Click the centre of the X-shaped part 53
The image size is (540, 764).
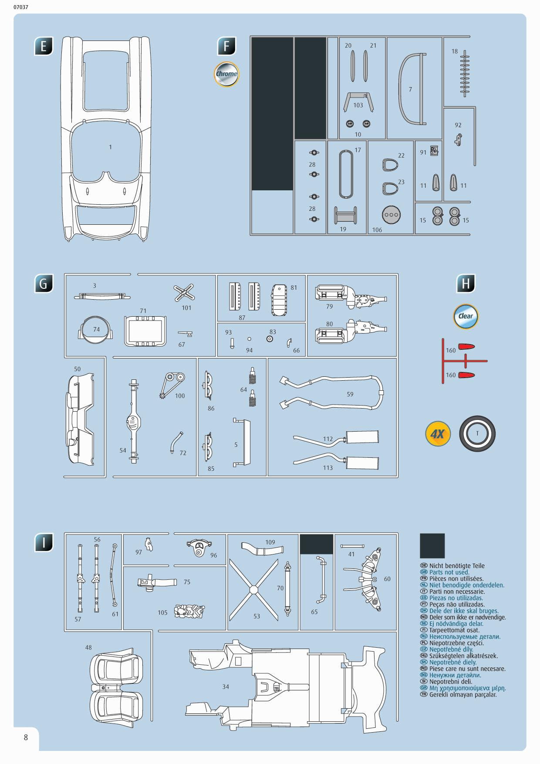(x=253, y=589)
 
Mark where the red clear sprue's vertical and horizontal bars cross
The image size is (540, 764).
(x=443, y=361)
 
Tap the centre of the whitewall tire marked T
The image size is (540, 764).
(x=477, y=433)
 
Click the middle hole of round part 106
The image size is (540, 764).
(x=391, y=215)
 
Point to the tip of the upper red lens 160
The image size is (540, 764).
(x=474, y=347)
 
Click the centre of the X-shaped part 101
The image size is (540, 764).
(x=184, y=293)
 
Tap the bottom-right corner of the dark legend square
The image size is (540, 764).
(x=445, y=558)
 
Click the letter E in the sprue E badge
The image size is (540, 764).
(x=44, y=46)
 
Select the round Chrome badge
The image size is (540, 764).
(x=226, y=74)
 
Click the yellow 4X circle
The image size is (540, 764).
(x=438, y=434)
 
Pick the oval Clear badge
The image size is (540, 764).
(x=466, y=316)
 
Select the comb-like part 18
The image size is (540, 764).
(x=465, y=73)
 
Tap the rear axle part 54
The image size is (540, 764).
(x=133, y=421)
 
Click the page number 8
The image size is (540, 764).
(x=26, y=737)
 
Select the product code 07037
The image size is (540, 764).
(x=21, y=7)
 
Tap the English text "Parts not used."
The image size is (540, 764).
(x=449, y=572)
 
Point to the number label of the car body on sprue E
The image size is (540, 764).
(x=111, y=147)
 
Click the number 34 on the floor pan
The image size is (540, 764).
(x=226, y=686)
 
